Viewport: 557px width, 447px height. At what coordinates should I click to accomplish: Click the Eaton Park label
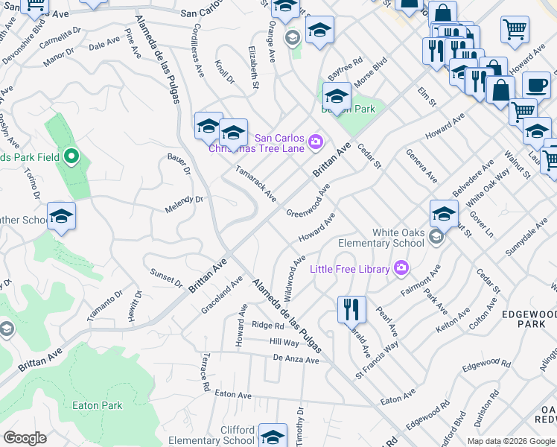pos(97,405)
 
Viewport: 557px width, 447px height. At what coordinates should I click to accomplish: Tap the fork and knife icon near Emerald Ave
pos(351,307)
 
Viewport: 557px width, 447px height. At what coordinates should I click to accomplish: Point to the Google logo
pos(25,438)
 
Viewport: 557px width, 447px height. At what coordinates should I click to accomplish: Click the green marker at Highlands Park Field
pos(71,156)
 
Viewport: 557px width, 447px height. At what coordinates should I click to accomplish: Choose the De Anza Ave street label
pos(296,360)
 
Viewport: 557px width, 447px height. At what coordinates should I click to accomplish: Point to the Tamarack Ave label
pos(255,183)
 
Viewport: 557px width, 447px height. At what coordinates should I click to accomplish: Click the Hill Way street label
pos(284,343)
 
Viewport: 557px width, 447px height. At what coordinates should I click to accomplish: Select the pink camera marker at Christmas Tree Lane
pos(316,141)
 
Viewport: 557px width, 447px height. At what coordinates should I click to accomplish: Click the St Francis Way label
pos(377,351)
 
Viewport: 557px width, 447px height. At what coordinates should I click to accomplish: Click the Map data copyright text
pos(510,441)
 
